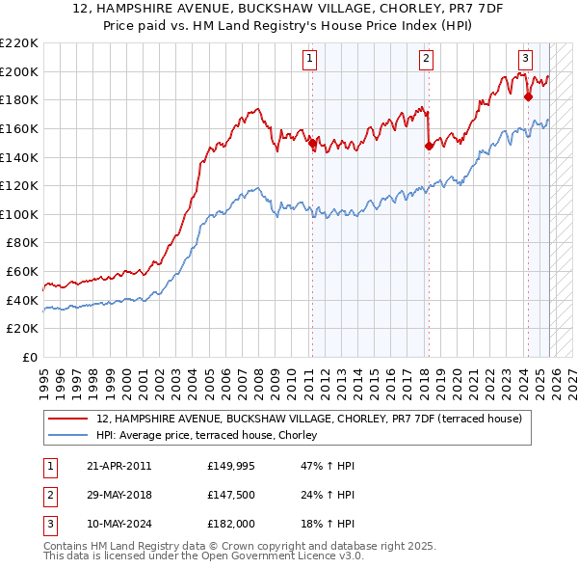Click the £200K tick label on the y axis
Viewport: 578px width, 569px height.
pos(19,71)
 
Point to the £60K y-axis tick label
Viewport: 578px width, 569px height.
pos(22,272)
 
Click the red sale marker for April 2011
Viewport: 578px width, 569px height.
pos(311,143)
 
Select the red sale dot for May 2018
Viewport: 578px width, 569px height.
pos(429,147)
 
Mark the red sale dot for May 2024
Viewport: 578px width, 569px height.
pos(528,96)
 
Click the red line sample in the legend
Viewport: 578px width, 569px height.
pos(68,420)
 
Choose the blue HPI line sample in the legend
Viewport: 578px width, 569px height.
pos(68,436)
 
